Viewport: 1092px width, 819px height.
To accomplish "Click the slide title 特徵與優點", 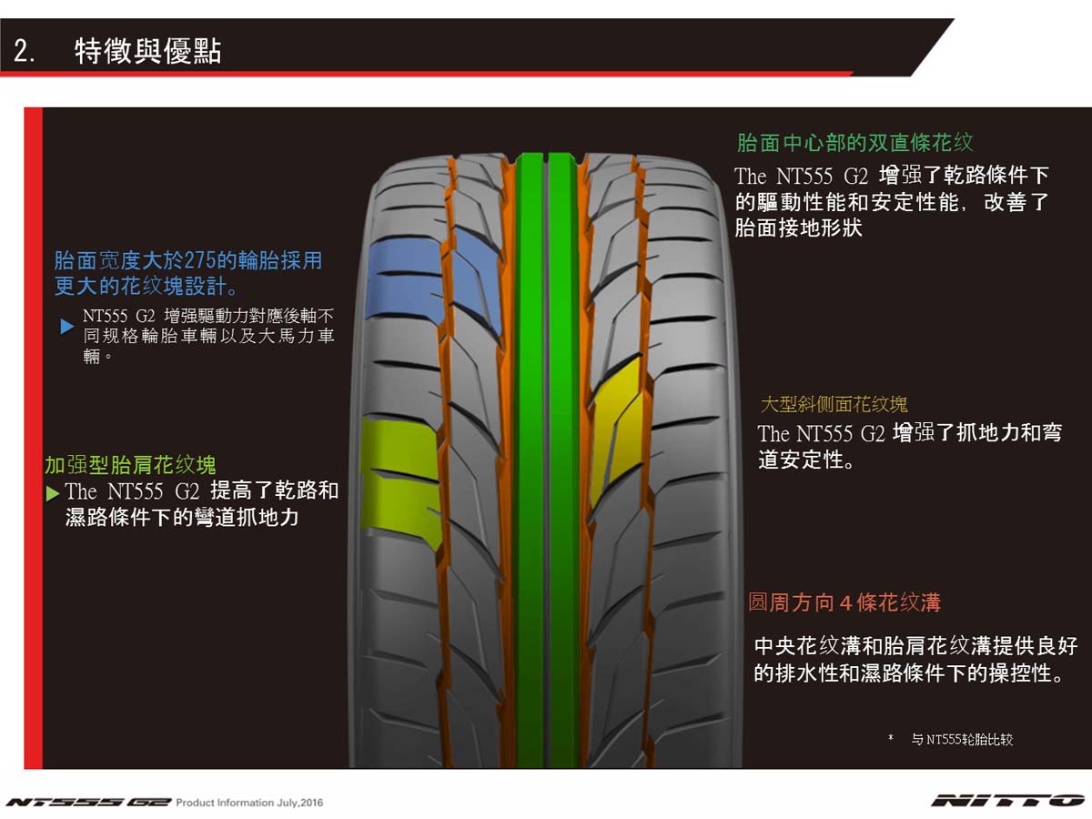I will [x=147, y=51].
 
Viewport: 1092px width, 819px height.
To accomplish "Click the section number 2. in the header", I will [x=25, y=52].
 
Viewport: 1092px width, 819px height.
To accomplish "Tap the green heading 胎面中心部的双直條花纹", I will [x=854, y=143].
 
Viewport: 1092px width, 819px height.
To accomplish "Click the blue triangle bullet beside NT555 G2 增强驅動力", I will [x=66, y=326].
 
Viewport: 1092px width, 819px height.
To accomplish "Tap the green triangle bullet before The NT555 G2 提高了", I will [x=53, y=493].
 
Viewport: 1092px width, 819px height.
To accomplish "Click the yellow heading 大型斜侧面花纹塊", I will [x=834, y=403].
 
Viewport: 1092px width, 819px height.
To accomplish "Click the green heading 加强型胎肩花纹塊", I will [x=130, y=466].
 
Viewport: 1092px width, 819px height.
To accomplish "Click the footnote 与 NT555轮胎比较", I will [x=962, y=740].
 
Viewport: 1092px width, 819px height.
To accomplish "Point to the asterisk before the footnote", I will [x=890, y=739].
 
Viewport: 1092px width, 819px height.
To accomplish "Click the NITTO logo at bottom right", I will [x=1006, y=801].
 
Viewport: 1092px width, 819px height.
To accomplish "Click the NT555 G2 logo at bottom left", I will [x=88, y=803].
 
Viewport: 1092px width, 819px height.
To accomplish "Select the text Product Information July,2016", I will [x=249, y=803].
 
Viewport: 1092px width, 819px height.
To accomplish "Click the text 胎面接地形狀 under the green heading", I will [x=798, y=227].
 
